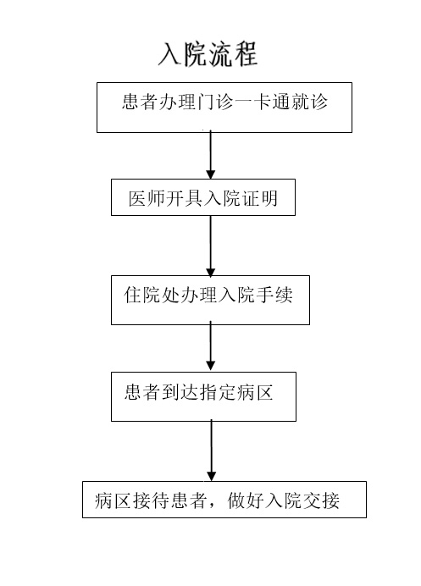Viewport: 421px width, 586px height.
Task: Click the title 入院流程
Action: click(x=208, y=54)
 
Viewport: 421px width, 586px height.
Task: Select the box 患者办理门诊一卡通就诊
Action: click(x=224, y=108)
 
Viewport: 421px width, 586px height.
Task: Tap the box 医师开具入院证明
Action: click(x=203, y=197)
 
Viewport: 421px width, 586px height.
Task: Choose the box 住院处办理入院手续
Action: click(x=210, y=300)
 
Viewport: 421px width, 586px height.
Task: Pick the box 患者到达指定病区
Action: click(x=203, y=396)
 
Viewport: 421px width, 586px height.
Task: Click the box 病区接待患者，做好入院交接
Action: click(x=224, y=500)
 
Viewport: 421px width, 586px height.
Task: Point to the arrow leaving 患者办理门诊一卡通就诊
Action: click(x=210, y=155)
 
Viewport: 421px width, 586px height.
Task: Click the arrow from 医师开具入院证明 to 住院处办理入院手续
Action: click(x=210, y=246)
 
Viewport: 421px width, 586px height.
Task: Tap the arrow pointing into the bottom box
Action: click(x=211, y=451)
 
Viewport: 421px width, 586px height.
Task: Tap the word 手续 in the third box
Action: click(x=274, y=295)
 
